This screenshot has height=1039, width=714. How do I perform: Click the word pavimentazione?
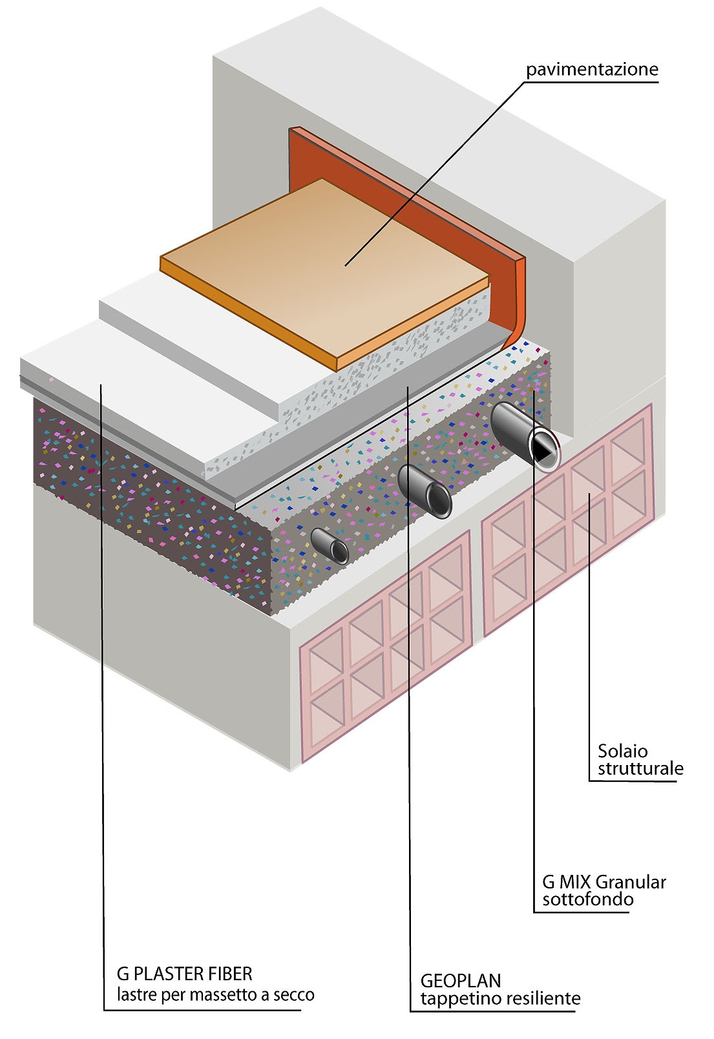click(x=592, y=69)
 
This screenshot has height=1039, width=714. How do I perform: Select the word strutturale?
click(x=640, y=768)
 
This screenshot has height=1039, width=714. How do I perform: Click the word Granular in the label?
click(x=630, y=882)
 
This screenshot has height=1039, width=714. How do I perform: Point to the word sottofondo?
click(x=587, y=899)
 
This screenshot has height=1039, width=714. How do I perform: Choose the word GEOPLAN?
click(x=460, y=981)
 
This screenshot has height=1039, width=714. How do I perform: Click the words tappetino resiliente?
click(x=500, y=998)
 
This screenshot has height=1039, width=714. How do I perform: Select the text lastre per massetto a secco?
click(x=215, y=994)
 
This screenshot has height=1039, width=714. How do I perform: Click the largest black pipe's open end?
click(x=543, y=448)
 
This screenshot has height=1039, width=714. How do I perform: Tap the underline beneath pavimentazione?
click(x=591, y=81)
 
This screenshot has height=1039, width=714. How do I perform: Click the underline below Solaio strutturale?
click(x=633, y=782)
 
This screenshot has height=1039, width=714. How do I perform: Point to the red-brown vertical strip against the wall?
click(x=414, y=194)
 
